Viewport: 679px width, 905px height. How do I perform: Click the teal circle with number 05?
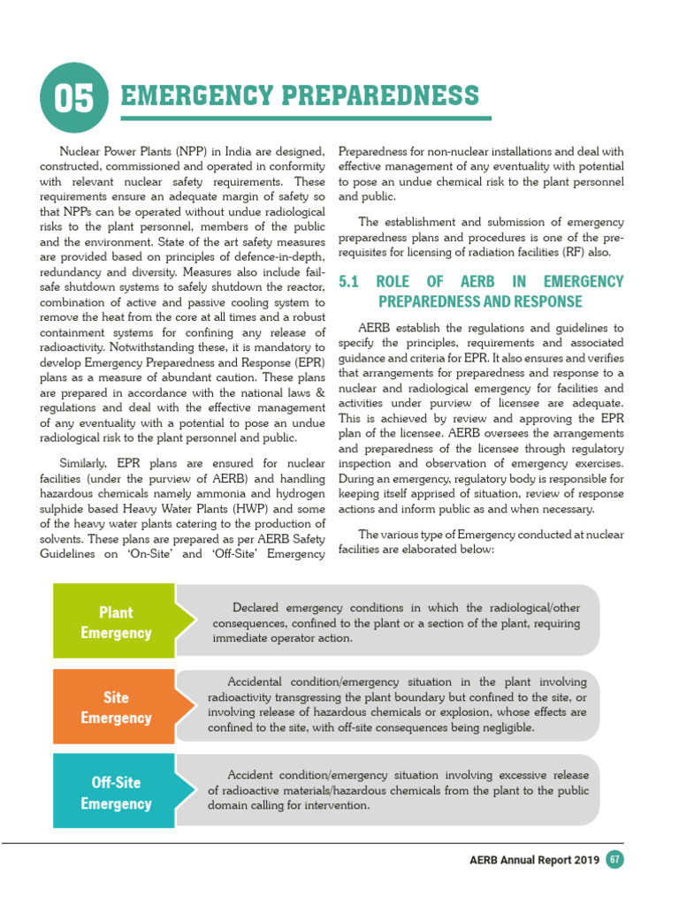click(74, 98)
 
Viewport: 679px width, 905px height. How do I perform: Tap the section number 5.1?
click(350, 282)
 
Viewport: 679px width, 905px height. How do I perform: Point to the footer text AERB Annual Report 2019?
click(535, 860)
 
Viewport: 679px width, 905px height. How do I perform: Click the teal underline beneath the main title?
click(301, 118)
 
